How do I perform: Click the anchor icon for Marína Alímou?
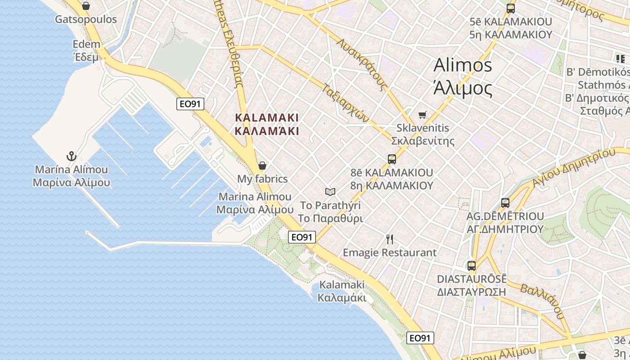click(x=71, y=156)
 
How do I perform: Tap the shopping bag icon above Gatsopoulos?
click(x=86, y=6)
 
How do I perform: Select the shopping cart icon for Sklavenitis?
click(x=422, y=115)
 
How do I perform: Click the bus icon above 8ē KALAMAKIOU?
click(x=391, y=159)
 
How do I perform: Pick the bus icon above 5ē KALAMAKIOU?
click(x=510, y=8)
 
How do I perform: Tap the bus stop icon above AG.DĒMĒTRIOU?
click(x=505, y=203)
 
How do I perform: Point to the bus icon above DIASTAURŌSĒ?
click(x=471, y=265)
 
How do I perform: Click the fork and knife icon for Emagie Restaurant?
click(x=390, y=239)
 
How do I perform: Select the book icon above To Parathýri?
click(x=330, y=192)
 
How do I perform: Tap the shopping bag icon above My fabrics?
click(x=262, y=166)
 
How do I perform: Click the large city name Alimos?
click(x=463, y=65)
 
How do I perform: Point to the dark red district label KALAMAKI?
click(x=267, y=117)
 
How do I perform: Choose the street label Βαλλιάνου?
click(x=542, y=301)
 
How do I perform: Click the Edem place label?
click(x=86, y=44)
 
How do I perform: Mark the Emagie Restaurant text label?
click(x=390, y=253)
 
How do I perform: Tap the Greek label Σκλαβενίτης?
click(x=423, y=141)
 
